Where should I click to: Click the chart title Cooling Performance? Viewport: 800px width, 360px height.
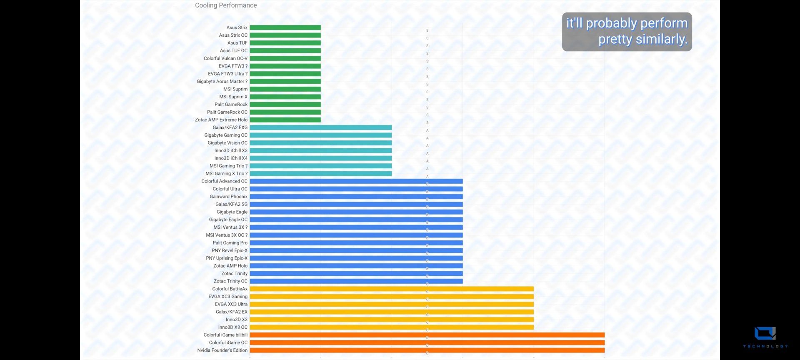click(x=226, y=5)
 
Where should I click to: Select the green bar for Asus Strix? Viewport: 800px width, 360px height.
click(x=285, y=27)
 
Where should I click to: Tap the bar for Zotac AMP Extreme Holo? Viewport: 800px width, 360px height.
click(x=285, y=120)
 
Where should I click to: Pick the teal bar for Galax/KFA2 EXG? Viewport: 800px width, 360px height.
click(x=320, y=127)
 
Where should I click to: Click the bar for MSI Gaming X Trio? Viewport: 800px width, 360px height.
click(x=320, y=174)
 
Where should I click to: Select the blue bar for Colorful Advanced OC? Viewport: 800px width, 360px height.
click(x=356, y=181)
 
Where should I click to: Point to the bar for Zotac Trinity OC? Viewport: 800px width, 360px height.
click(x=356, y=281)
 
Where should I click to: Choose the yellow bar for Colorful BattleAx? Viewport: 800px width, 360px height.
click(x=391, y=289)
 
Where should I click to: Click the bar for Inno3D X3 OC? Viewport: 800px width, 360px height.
click(x=391, y=327)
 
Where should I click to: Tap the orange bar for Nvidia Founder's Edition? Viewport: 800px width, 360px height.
click(x=427, y=350)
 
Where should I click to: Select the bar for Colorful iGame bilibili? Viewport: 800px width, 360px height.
click(x=427, y=335)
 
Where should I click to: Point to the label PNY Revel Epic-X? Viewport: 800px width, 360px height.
click(x=229, y=250)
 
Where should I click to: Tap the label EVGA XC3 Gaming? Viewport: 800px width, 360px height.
click(x=228, y=297)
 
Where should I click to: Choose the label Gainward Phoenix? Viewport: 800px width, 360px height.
click(x=228, y=197)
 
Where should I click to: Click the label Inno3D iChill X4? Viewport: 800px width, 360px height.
click(x=231, y=158)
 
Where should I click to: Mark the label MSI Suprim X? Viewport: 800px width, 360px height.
click(x=233, y=97)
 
